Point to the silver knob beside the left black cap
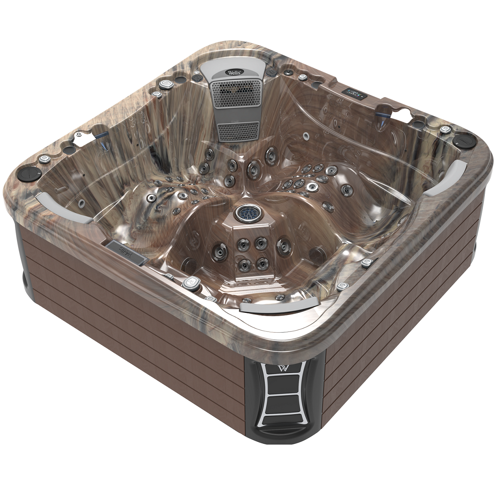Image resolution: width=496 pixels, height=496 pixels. (43, 159)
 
